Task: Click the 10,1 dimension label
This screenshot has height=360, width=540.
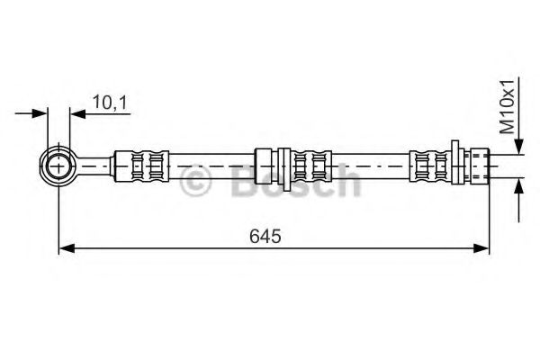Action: click(110, 103)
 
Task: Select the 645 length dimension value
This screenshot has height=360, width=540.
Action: click(265, 237)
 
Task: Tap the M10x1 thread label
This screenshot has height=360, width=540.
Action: click(507, 107)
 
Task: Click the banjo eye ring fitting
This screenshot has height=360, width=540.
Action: click(58, 166)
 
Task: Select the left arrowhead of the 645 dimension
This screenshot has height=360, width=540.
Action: click(67, 248)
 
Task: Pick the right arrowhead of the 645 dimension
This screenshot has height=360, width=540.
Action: click(481, 248)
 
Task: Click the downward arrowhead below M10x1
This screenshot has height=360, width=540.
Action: click(519, 146)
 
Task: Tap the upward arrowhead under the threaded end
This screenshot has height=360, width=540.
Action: click(519, 186)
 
